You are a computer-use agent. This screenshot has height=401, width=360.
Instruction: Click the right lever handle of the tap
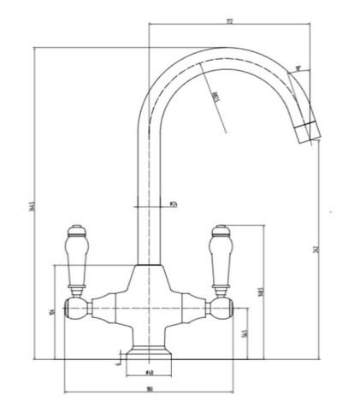[220, 257]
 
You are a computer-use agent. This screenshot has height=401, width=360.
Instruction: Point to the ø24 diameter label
[173, 205]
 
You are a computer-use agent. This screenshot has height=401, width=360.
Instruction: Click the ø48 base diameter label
[150, 373]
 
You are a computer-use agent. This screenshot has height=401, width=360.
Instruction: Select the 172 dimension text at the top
[229, 21]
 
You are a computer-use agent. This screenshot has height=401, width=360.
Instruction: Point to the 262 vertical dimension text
[316, 250]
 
